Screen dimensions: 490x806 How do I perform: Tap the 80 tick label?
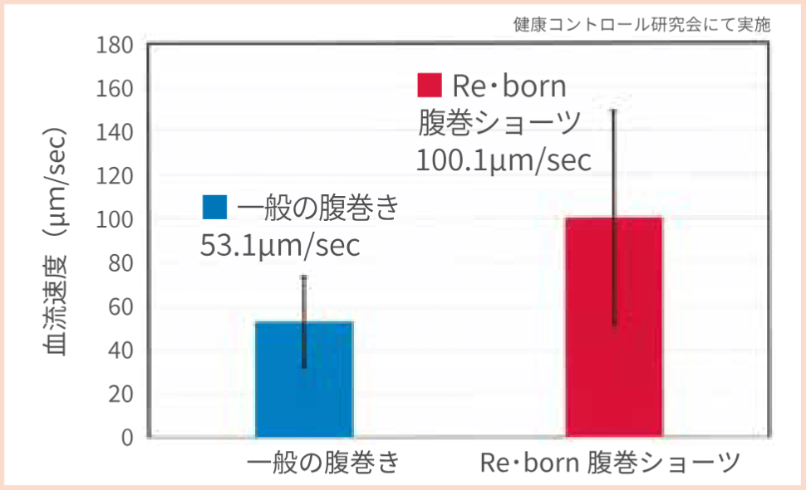point(121,263)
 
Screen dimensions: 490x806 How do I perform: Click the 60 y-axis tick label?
point(121,307)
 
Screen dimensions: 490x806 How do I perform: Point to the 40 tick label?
point(121,350)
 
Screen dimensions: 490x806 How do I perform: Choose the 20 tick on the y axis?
point(121,394)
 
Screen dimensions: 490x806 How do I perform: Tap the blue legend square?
point(214,207)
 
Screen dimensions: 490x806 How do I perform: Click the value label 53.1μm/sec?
point(281,246)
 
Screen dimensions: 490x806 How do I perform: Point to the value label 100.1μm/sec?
point(504,159)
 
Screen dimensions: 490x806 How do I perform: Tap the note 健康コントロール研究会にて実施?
point(642,24)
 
